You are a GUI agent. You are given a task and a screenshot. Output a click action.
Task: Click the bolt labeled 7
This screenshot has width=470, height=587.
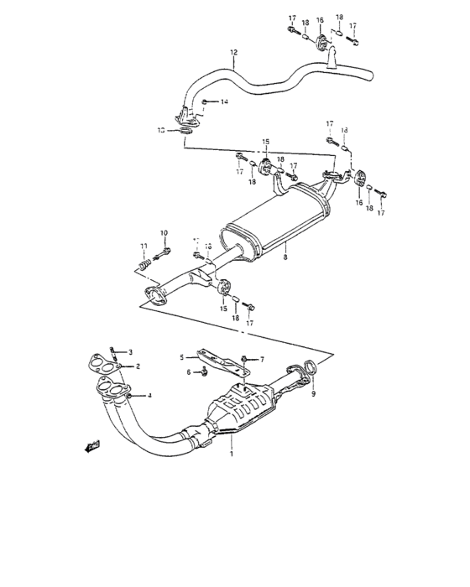coord(243,359)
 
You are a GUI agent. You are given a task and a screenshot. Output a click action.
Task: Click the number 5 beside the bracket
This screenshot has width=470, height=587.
coord(180,357)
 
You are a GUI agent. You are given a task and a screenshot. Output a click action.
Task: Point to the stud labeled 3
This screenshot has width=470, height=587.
coord(113,354)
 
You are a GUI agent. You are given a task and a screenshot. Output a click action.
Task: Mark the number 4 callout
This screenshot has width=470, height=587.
coord(149,395)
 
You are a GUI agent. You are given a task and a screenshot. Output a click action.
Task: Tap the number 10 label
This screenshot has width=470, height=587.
coord(164,233)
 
